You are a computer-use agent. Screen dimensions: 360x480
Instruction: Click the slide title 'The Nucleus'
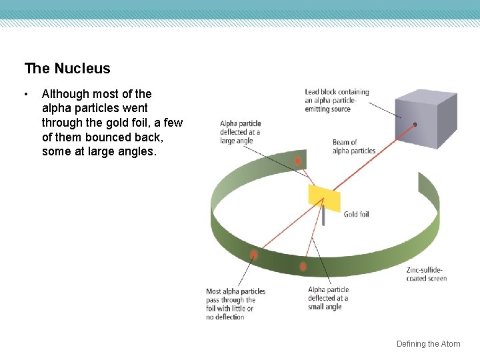67,68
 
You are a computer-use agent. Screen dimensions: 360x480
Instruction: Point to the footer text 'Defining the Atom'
428,344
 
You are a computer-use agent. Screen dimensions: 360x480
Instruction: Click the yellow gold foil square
324,197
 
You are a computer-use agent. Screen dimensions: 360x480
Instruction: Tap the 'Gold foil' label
356,215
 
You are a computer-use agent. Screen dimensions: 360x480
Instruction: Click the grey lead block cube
425,120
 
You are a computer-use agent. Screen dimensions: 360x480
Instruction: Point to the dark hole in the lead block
415,125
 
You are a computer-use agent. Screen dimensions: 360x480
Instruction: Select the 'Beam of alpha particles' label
353,147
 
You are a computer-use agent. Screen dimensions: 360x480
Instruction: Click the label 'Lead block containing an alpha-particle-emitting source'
337,100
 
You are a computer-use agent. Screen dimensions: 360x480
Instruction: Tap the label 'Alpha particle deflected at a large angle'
240,132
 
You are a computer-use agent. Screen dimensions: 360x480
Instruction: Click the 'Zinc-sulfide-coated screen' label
427,274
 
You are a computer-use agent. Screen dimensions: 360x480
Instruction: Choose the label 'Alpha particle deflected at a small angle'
328,298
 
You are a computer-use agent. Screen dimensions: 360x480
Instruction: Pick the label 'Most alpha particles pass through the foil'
236,304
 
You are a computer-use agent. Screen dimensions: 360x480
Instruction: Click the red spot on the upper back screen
298,161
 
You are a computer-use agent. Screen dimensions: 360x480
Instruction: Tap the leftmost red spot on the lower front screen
253,255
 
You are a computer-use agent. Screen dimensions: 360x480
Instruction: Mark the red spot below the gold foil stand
303,266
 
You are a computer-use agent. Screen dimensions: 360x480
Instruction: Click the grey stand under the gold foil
323,217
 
